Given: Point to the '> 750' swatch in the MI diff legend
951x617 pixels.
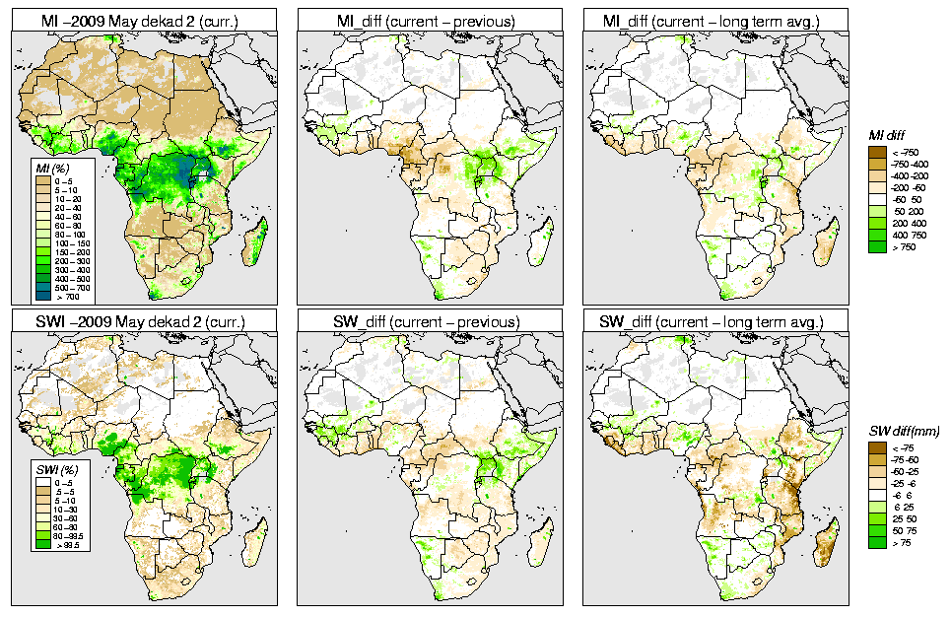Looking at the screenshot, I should (x=876, y=245).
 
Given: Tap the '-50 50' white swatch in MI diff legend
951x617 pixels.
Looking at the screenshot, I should (x=876, y=198).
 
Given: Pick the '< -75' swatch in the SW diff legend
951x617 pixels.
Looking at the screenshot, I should (x=876, y=448).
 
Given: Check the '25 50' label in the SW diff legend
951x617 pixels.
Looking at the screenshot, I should (x=904, y=519).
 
